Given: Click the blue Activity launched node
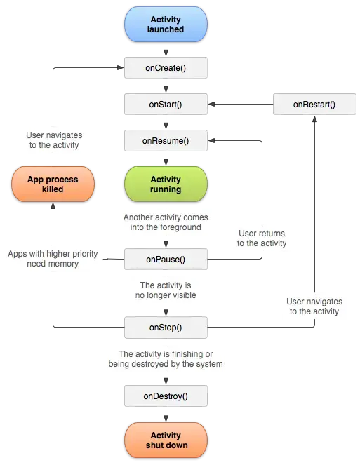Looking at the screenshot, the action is click(166, 25).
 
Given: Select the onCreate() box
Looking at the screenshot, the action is click(166, 67).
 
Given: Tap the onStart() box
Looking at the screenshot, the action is click(166, 104).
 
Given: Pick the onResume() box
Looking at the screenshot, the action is click(166, 140).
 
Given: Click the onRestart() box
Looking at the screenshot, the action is click(314, 104).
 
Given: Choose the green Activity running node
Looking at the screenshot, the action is click(166, 184).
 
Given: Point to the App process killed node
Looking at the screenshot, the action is click(53, 184).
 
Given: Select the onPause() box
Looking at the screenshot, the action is click(166, 260).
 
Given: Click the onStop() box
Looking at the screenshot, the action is click(166, 328).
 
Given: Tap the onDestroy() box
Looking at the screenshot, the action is click(166, 396).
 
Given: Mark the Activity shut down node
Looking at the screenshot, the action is click(166, 440).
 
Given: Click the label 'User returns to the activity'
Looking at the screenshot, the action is click(262, 238).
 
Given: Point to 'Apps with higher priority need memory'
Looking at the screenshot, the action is click(53, 259).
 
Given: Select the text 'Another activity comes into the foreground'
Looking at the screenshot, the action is click(166, 222).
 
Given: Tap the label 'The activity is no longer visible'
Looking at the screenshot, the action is click(166, 290).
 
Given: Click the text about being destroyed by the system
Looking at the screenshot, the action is click(166, 359).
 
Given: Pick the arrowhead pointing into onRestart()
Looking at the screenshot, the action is click(314, 119).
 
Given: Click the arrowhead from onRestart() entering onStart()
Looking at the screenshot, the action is click(211, 104).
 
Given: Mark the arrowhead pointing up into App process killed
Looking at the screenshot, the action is click(53, 205).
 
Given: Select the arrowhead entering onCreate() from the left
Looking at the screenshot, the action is click(120, 67).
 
